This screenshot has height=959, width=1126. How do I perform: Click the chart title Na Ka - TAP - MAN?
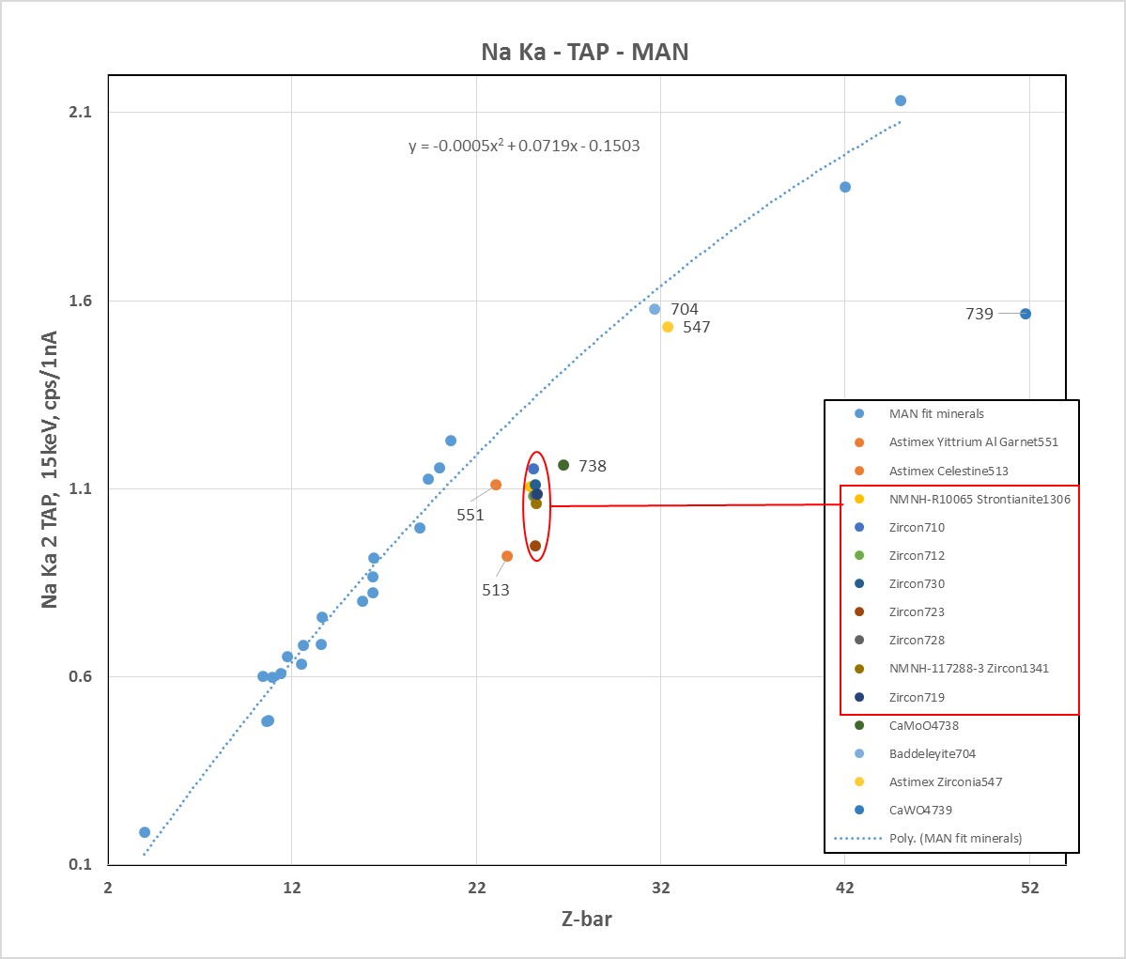pyautogui.click(x=584, y=52)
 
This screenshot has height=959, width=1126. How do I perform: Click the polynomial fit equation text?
pyautogui.click(x=524, y=146)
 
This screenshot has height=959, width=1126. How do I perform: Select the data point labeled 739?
pyautogui.click(x=1026, y=314)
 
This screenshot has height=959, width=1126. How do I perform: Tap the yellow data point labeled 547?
pyautogui.click(x=668, y=327)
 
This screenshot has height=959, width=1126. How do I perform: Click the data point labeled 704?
pyautogui.click(x=655, y=309)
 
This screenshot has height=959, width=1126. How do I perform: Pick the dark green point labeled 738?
pyautogui.click(x=563, y=465)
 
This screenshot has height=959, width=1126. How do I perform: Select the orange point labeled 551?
pyautogui.click(x=496, y=485)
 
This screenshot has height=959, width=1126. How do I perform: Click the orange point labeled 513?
pyautogui.click(x=507, y=556)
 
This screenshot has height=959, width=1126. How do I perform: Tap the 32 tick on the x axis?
pyautogui.click(x=660, y=888)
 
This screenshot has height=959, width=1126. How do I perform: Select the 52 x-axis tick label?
pyautogui.click(x=1029, y=888)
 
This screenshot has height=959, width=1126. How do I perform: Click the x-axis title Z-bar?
pyautogui.click(x=586, y=919)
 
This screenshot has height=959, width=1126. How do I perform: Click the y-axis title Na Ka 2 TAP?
pyautogui.click(x=50, y=470)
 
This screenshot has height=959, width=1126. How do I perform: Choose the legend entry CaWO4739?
pyautogui.click(x=920, y=810)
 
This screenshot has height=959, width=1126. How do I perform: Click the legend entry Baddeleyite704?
pyautogui.click(x=932, y=753)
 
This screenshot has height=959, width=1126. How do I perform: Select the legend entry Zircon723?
pyautogui.click(x=917, y=611)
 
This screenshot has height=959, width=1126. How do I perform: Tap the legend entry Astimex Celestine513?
pyautogui.click(x=949, y=471)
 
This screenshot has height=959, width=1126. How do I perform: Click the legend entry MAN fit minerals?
pyautogui.click(x=936, y=413)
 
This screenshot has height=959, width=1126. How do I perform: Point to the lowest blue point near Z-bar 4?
pyautogui.click(x=145, y=832)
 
